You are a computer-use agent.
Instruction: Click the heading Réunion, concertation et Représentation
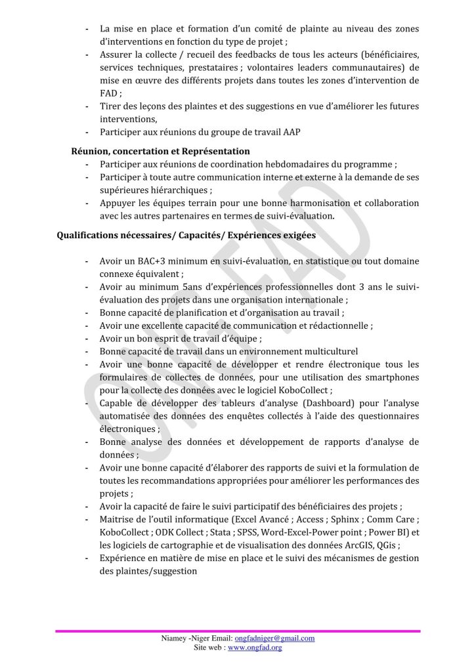(160, 151)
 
